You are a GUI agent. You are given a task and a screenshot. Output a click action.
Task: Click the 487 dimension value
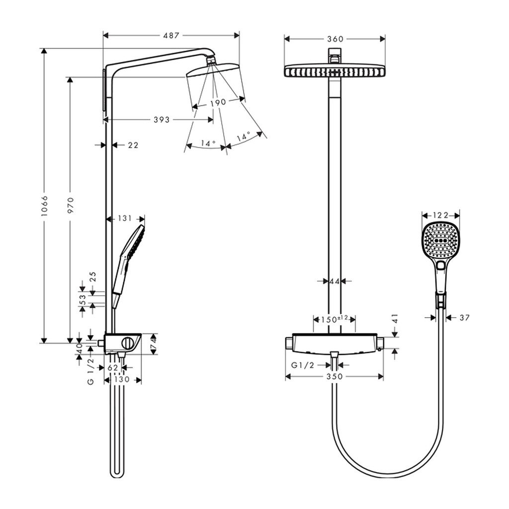tap(171, 35)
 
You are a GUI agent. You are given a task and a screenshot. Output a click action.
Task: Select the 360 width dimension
tap(335, 39)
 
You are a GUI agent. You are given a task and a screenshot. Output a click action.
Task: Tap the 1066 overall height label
tap(44, 206)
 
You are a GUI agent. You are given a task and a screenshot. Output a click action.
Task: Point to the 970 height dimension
tap(71, 205)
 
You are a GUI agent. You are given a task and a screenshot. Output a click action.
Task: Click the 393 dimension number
tap(162, 120)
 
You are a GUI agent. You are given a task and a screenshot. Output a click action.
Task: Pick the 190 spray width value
tap(218, 102)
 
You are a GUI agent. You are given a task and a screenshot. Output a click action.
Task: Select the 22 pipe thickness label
tap(133, 145)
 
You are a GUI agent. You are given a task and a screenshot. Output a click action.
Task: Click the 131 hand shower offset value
tap(124, 218)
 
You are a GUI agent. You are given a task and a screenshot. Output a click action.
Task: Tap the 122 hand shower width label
tap(440, 215)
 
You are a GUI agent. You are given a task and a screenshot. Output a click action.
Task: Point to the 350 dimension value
tap(335, 377)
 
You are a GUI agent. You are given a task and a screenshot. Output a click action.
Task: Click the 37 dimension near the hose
tap(465, 318)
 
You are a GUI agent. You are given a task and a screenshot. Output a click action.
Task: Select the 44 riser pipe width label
tap(335, 281)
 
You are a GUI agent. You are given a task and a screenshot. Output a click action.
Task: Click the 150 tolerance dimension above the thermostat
tap(335, 319)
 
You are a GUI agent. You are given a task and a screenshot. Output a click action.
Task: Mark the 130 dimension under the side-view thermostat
tap(122, 379)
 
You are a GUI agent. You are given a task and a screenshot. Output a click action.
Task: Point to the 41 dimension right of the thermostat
tap(395, 319)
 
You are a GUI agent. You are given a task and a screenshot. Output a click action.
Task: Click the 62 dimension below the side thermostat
tap(113, 368)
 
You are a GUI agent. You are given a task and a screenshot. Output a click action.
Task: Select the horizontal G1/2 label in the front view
tap(303, 365)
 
